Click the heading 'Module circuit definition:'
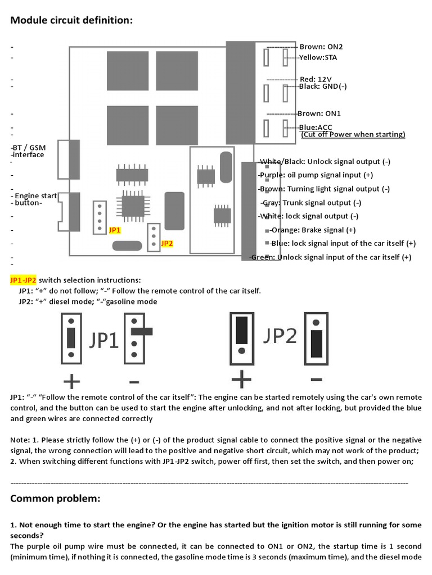pos(72,21)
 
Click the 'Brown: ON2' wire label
pos(321,47)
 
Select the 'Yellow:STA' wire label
pos(318,57)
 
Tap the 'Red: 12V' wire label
pos(316,79)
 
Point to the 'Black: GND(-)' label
pos(323,86)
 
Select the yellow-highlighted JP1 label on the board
pos(115,230)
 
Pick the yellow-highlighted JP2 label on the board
pos(167,244)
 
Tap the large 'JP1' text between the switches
pos(104,340)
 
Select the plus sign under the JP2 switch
pos(241,380)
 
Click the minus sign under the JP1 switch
pos(134,382)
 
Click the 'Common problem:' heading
pos(56,499)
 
